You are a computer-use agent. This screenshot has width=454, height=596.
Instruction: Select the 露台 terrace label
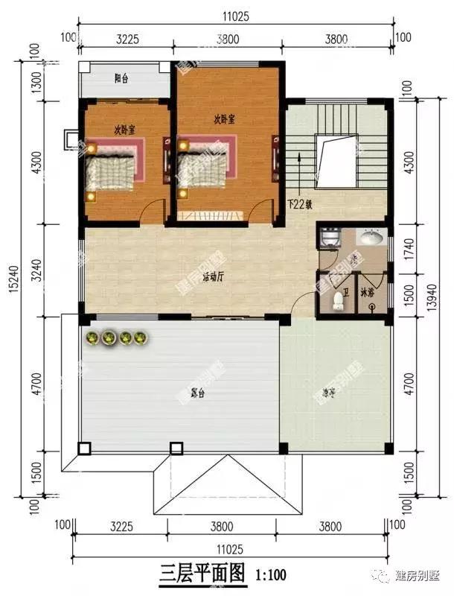[x=197, y=393]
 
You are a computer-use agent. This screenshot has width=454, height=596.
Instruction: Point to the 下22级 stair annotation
[x=301, y=203]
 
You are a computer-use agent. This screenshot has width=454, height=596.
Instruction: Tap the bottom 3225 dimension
[x=122, y=526]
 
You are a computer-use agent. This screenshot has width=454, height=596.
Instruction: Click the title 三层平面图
[x=202, y=574]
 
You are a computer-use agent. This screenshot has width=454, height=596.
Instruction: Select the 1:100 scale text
[x=270, y=575]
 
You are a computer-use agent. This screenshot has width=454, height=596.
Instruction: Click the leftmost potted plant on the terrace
[x=92, y=340]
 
